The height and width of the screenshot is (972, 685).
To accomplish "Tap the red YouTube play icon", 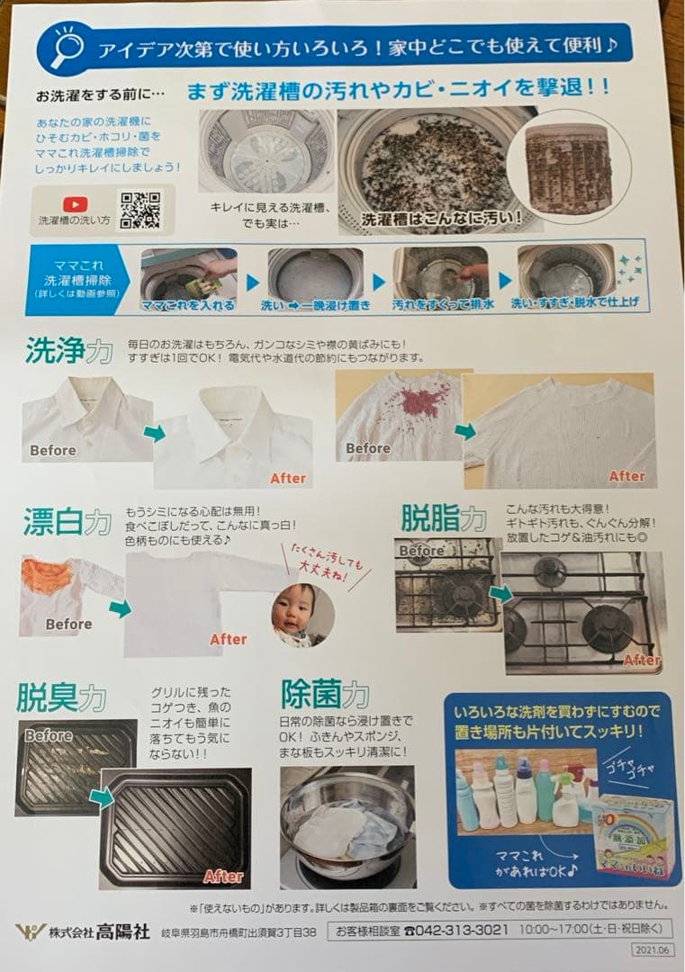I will click(x=75, y=204).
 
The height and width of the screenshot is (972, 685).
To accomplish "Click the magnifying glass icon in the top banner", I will click(x=66, y=47).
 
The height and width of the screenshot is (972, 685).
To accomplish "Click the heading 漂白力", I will click(x=68, y=522).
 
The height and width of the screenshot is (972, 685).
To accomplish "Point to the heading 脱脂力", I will click(x=443, y=518).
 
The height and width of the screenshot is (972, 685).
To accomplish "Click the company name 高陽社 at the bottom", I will click(x=123, y=931).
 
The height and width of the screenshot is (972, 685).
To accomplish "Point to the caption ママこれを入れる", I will click(x=188, y=305).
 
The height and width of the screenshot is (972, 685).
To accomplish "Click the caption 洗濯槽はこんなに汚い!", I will click(x=441, y=218).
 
